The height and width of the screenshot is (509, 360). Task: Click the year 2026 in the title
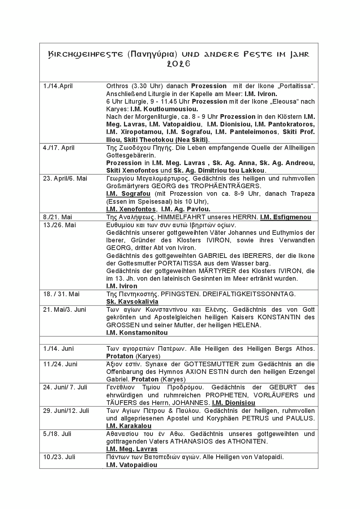[x=179, y=64]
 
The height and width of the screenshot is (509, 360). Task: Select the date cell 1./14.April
[x=58, y=86]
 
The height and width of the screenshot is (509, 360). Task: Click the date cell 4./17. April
[x=59, y=148]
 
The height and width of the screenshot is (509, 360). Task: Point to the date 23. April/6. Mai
[x=65, y=178]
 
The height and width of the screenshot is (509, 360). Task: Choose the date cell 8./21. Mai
[x=57, y=217]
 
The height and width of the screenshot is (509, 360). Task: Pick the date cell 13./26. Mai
[x=59, y=225]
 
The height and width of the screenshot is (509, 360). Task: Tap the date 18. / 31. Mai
[x=61, y=294]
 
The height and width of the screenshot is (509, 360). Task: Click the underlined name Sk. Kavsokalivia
[x=132, y=302]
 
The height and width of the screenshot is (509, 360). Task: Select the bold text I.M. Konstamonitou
[x=137, y=333]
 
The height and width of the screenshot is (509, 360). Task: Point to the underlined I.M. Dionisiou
[x=233, y=403]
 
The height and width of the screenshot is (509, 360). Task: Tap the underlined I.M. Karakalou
[x=129, y=426]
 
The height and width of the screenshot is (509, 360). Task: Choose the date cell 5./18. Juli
[x=57, y=434]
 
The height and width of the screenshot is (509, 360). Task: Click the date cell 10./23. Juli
[x=59, y=457]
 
